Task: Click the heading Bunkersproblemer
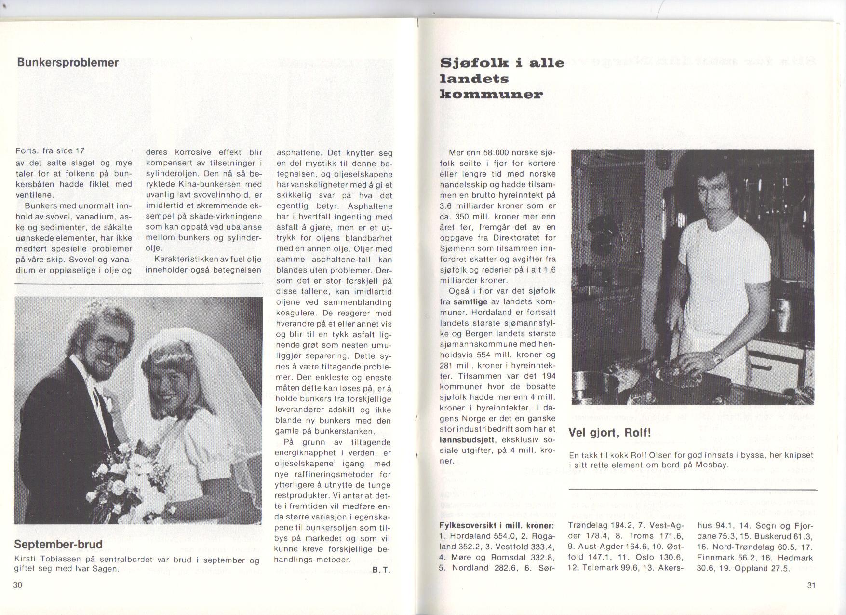[x=67, y=63]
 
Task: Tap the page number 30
[x=18, y=585]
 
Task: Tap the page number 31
[x=811, y=585]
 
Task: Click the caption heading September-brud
[x=58, y=545]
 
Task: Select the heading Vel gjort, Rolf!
[x=610, y=432]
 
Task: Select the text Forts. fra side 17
[x=50, y=151]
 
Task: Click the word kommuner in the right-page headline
[x=491, y=94]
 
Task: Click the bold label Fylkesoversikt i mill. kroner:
[x=497, y=525]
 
